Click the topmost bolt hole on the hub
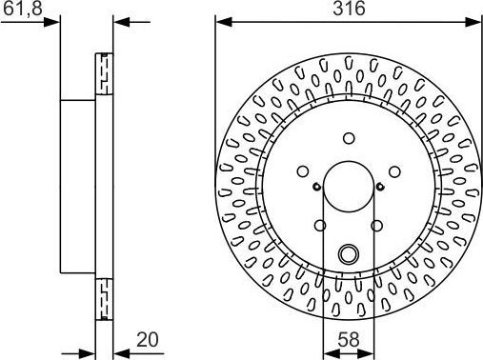pos(349,135)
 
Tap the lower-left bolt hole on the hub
pos(320,225)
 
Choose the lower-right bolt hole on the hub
pos(376,225)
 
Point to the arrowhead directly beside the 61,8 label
pos(55,21)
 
